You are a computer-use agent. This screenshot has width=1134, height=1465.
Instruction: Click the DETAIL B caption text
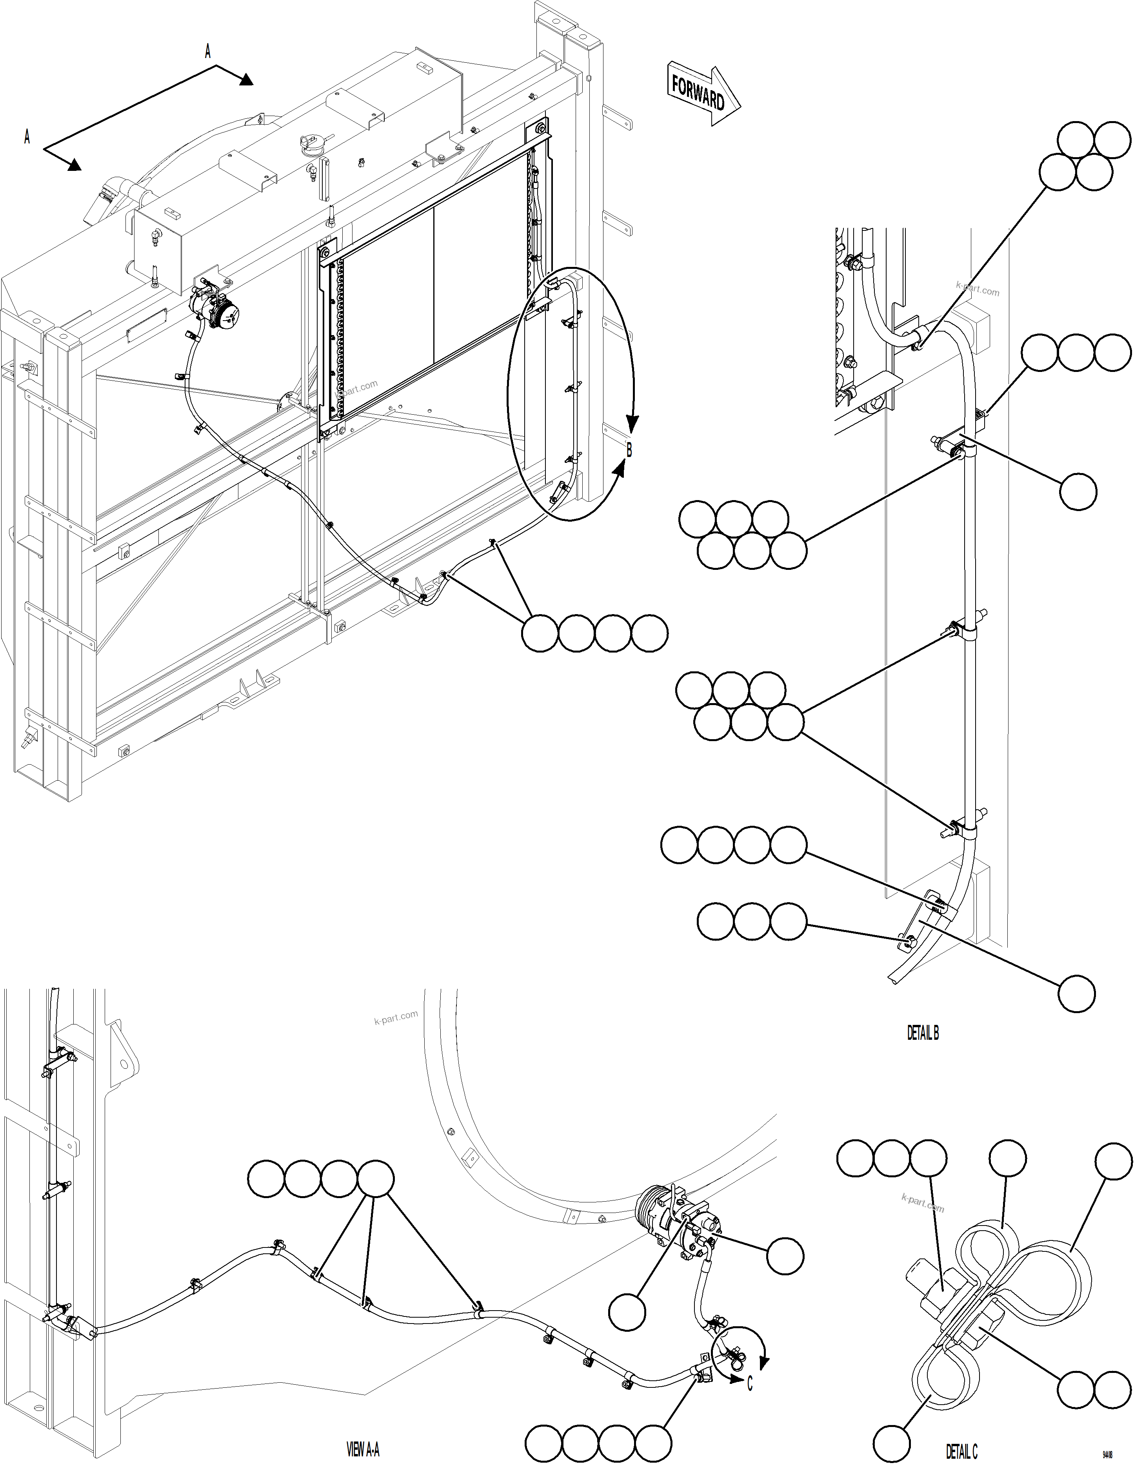[x=923, y=1033]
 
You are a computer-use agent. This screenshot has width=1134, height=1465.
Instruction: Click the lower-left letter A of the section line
[x=27, y=137]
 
